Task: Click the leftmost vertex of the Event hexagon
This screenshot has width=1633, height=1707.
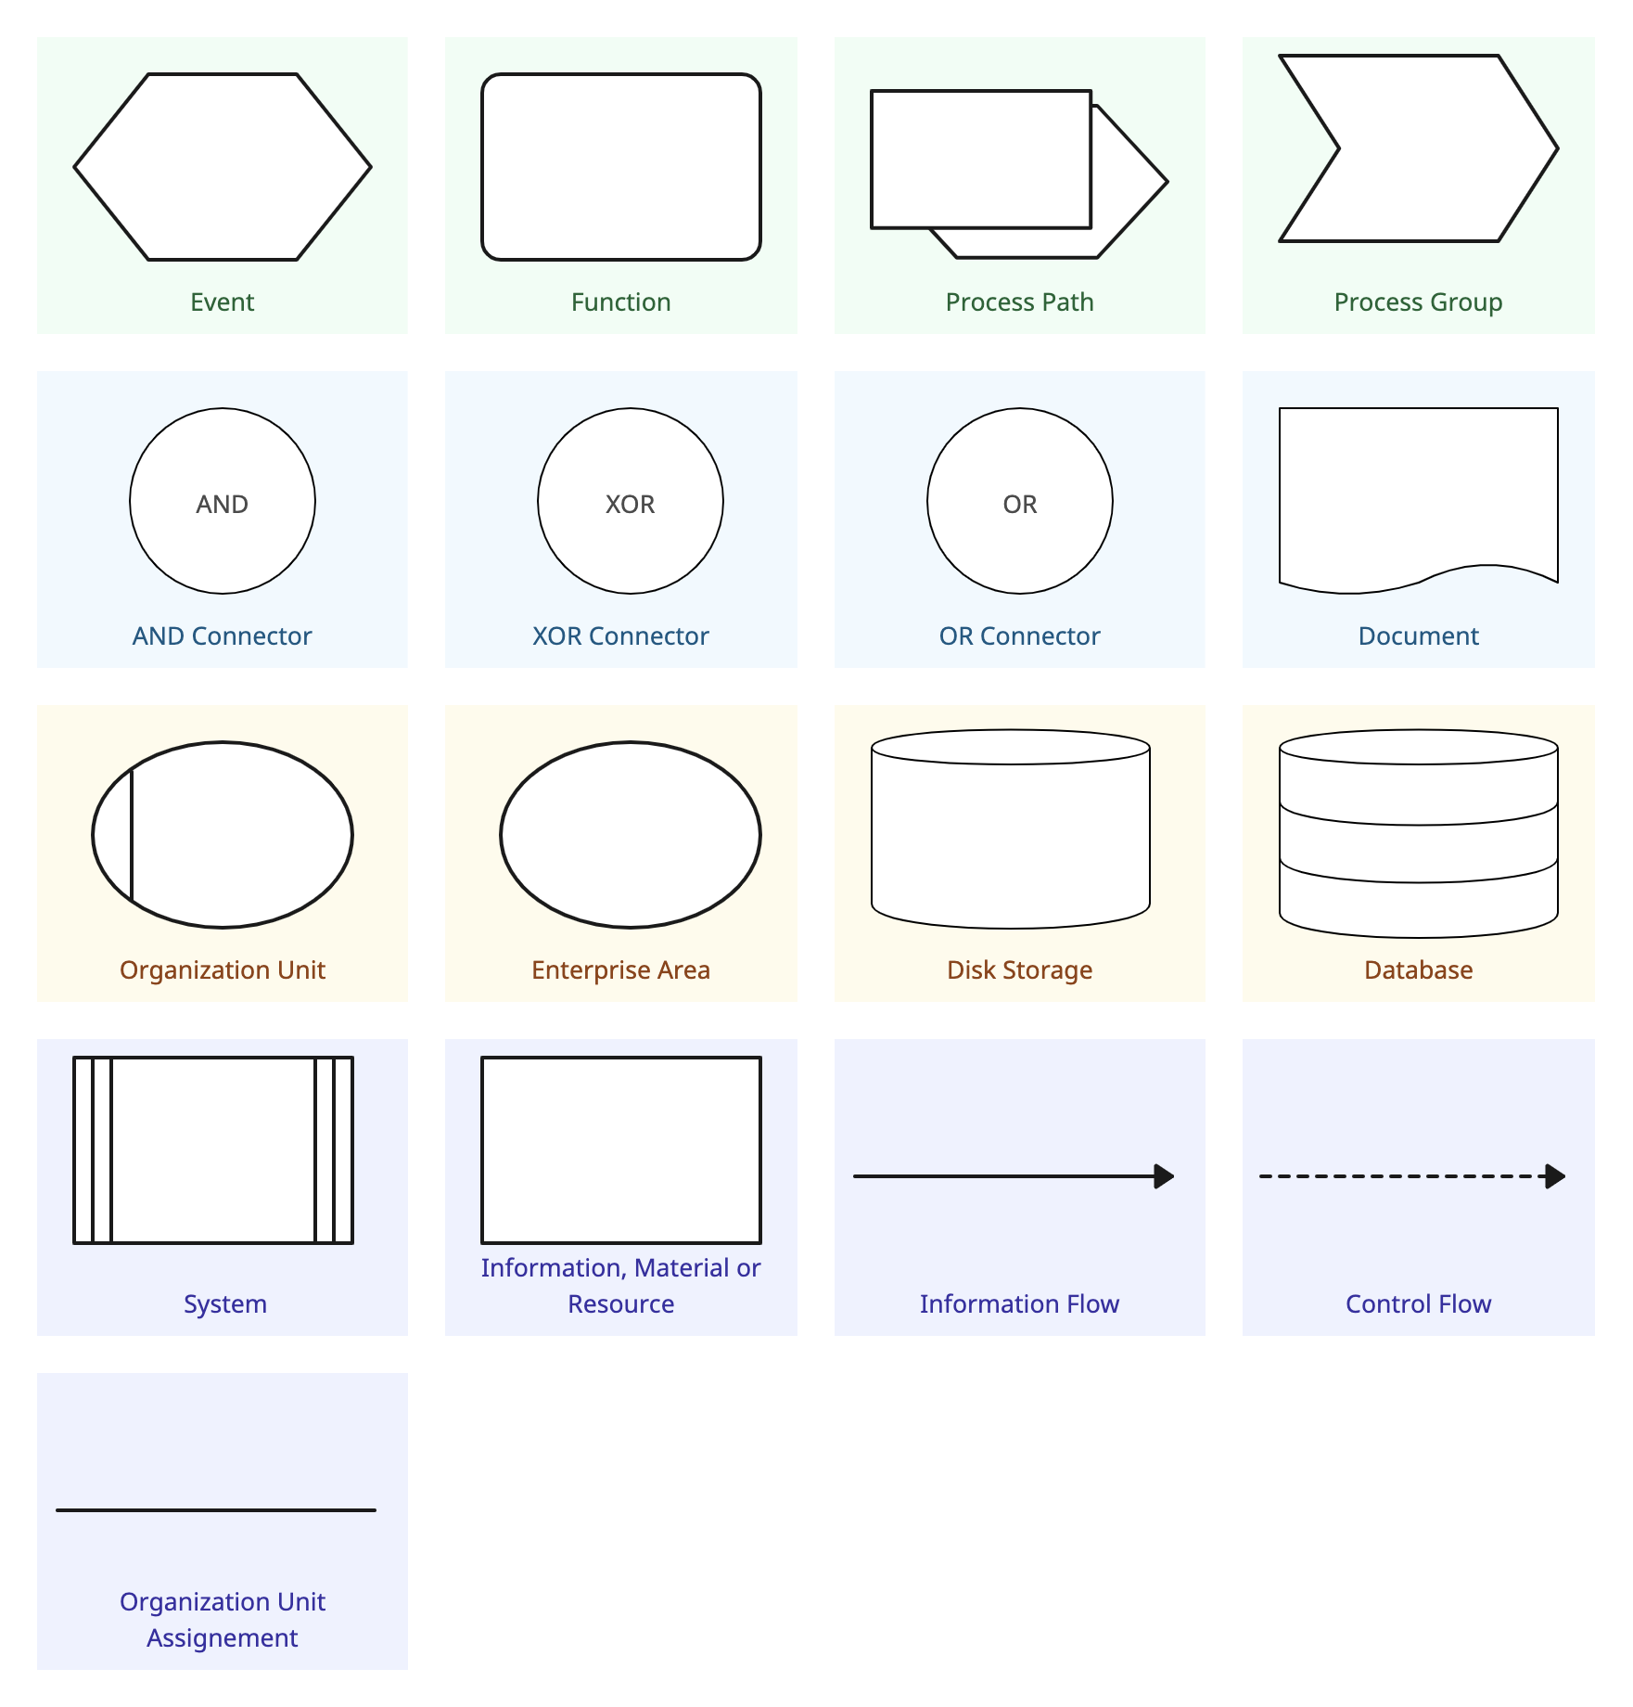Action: point(74,167)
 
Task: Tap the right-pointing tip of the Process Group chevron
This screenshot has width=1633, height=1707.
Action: point(1558,148)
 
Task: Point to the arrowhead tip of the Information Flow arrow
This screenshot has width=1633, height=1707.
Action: point(1175,1176)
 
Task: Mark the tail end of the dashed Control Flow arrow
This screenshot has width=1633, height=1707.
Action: point(1260,1176)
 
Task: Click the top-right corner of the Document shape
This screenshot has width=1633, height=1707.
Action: point(1558,408)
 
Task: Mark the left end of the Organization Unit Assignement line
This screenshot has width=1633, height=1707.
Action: point(57,1510)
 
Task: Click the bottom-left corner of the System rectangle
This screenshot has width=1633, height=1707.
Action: point(74,1243)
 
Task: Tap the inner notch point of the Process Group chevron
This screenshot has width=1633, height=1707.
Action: point(1339,148)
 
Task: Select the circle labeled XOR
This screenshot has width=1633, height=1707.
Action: point(631,501)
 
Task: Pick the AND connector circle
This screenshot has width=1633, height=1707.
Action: point(223,501)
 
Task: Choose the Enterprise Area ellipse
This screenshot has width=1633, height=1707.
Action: point(631,835)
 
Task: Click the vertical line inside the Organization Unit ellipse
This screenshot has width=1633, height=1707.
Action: point(132,835)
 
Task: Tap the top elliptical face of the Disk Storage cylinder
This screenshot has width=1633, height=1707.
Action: point(1011,747)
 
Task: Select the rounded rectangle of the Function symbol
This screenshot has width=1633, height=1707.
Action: point(621,167)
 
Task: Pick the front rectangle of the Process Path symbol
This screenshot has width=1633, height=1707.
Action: point(981,159)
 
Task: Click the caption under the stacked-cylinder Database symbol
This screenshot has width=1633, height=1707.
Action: point(1419,969)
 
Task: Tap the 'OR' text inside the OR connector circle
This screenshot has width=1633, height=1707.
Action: point(1020,504)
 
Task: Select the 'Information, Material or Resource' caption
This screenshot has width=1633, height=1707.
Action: point(621,1285)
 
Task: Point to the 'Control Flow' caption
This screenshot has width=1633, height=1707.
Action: point(1419,1303)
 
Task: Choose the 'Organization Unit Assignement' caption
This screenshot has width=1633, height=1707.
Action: point(223,1619)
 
